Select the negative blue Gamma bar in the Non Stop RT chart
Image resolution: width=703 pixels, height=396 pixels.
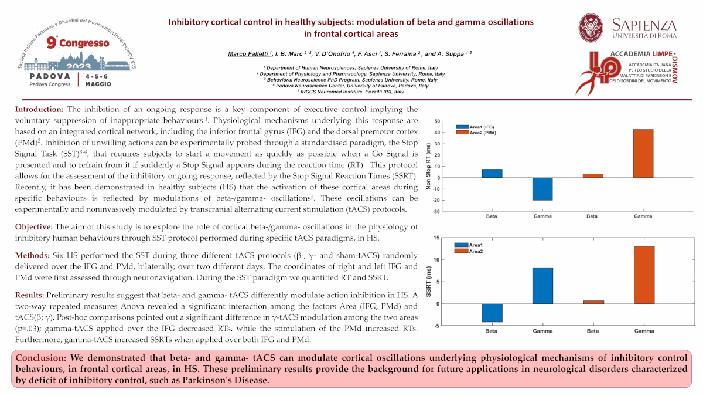tap(542, 189)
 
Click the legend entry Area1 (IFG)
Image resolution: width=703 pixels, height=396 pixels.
tap(477, 126)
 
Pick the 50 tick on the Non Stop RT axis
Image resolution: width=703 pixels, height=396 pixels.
tap(437, 121)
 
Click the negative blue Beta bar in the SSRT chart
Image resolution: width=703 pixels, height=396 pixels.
tap(492, 313)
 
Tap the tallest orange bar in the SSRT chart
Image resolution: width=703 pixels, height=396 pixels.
tap(643, 275)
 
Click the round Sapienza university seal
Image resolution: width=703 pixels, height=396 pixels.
tap(591, 28)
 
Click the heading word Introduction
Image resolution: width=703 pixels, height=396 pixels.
tap(39, 110)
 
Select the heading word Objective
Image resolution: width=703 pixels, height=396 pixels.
tap(34, 227)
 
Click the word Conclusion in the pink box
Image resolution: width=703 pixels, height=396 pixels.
tap(41, 358)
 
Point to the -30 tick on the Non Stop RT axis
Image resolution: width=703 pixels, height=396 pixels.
tap(436, 211)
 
